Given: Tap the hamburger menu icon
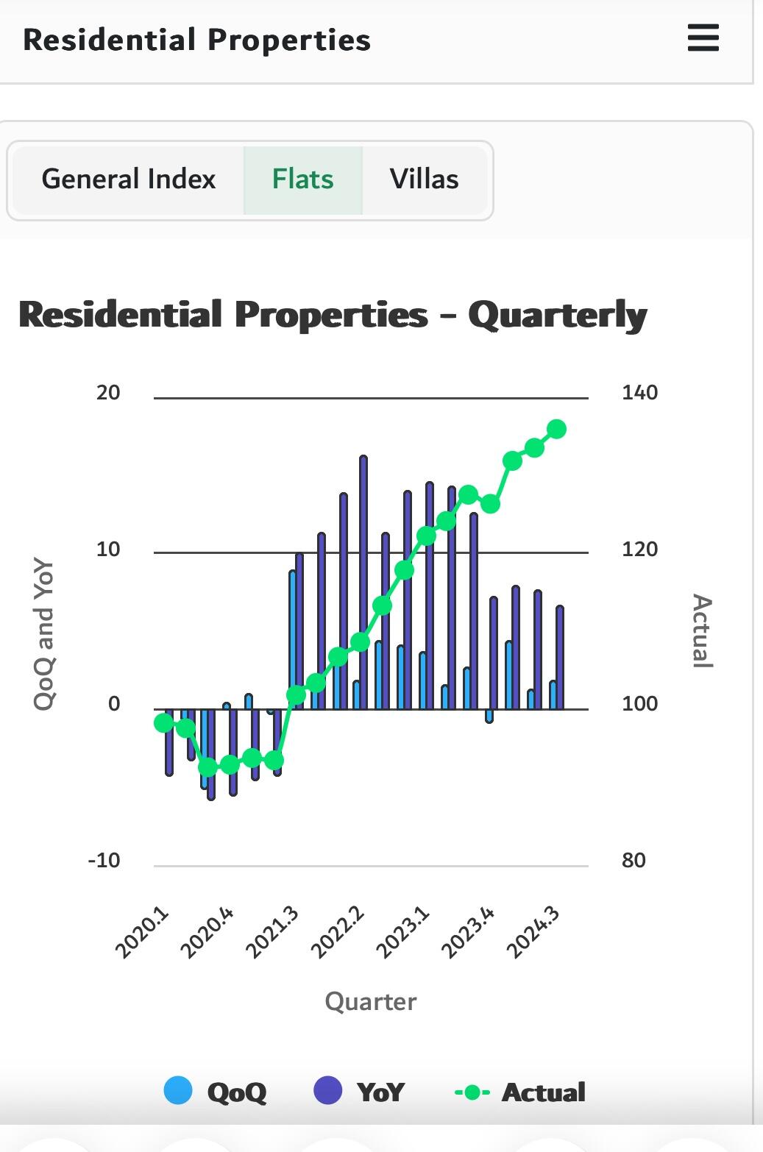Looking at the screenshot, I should (703, 38).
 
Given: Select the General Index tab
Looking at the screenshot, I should (129, 179).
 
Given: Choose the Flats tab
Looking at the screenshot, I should (302, 179).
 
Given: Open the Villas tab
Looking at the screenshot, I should (424, 179).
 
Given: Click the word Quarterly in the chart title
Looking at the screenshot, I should (557, 316).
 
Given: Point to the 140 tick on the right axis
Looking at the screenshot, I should (639, 392).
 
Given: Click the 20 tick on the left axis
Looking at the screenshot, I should (108, 392).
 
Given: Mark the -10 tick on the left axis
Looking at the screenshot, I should (104, 860).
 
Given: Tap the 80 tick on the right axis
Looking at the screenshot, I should (634, 860).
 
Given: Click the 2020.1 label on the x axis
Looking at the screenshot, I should (143, 933).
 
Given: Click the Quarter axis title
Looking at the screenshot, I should (371, 1001).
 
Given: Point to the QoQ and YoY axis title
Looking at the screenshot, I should (44, 635).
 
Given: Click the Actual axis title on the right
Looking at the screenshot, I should (703, 630).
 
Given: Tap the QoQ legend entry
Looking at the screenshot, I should (216, 1092).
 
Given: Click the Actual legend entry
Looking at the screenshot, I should (520, 1092).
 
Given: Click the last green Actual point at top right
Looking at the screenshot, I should (556, 429).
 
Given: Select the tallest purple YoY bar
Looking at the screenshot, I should (363, 581).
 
